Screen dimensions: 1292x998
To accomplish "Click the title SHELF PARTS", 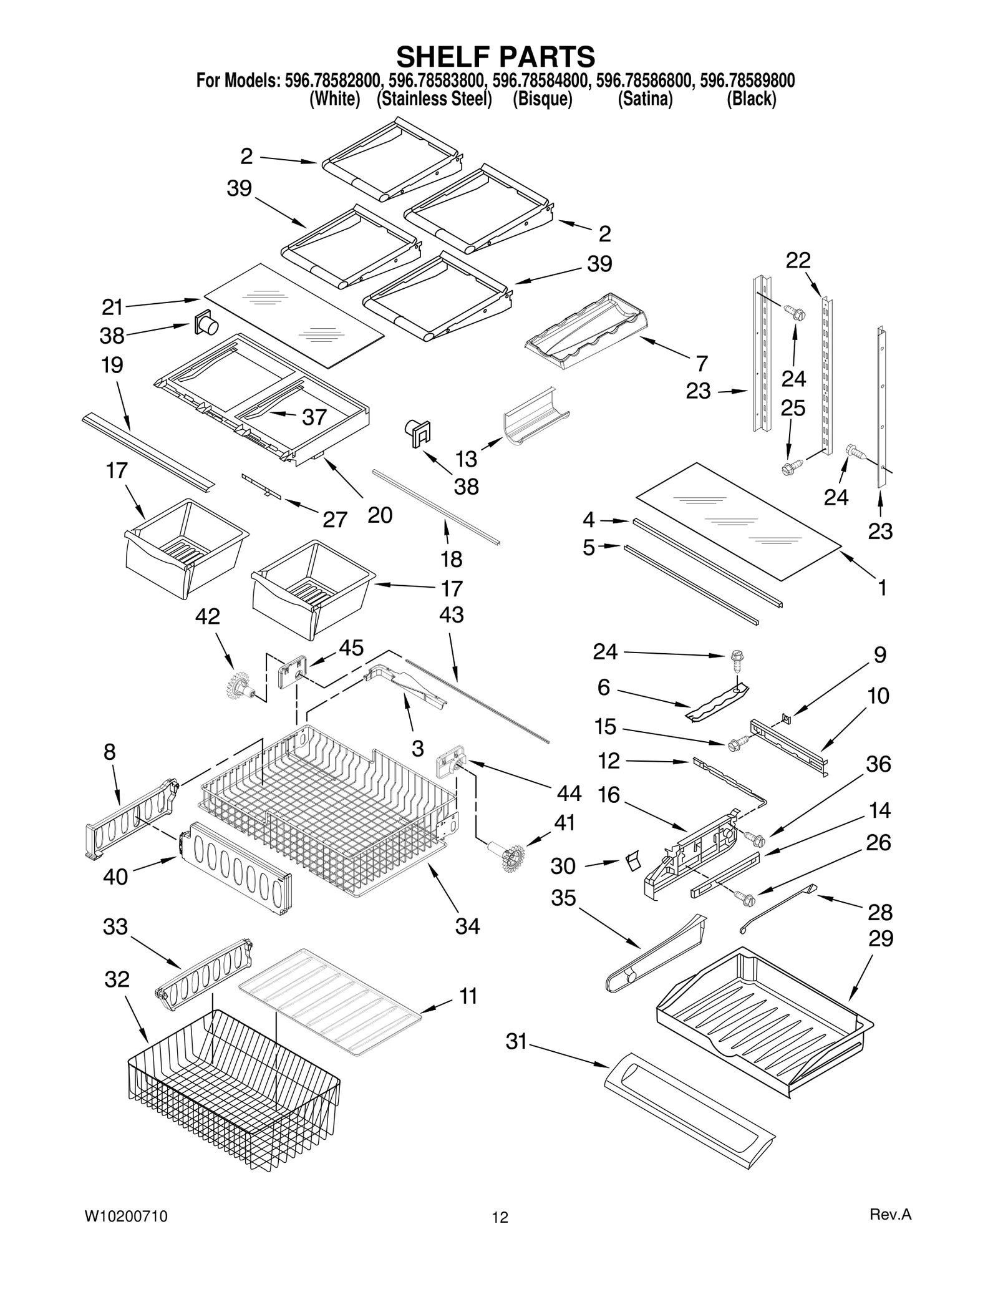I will (x=496, y=57).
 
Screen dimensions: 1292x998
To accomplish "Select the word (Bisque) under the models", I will (x=542, y=99).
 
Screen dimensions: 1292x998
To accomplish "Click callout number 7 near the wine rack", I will (x=702, y=363).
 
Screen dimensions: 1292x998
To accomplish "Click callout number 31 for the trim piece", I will (x=516, y=1042).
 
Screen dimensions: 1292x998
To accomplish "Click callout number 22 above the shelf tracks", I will (x=798, y=260).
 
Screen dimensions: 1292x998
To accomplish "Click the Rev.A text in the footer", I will (x=890, y=1215).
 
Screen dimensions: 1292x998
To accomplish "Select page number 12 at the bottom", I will (x=500, y=1217).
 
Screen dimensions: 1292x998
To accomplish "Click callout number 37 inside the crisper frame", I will (x=314, y=417).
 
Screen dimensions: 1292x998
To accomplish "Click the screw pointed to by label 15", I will (x=735, y=744).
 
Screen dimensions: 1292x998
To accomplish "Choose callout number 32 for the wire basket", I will (x=117, y=979).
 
